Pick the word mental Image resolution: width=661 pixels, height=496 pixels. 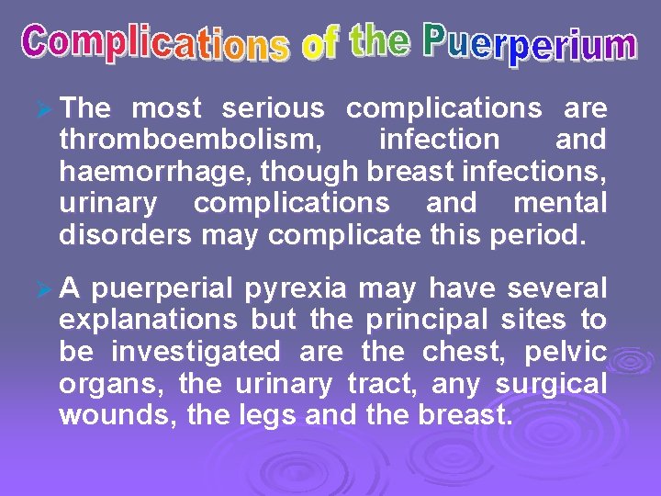click(x=560, y=203)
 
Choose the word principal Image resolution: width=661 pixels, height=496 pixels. click(x=430, y=321)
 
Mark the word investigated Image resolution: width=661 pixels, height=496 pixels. click(x=196, y=352)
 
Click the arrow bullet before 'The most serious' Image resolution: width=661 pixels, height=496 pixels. click(x=40, y=109)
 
